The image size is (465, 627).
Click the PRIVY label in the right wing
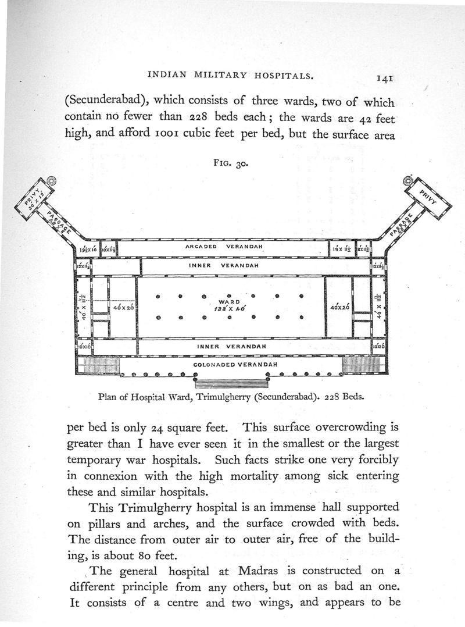tap(431, 197)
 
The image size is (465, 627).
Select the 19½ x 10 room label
tap(88, 249)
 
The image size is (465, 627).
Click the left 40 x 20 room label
tap(123, 307)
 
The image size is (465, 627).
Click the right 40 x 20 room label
tap(338, 307)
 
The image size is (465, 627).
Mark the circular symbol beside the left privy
tap(51, 180)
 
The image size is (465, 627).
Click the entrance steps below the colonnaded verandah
tap(231, 383)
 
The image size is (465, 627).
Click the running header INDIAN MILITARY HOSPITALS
tap(231, 74)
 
